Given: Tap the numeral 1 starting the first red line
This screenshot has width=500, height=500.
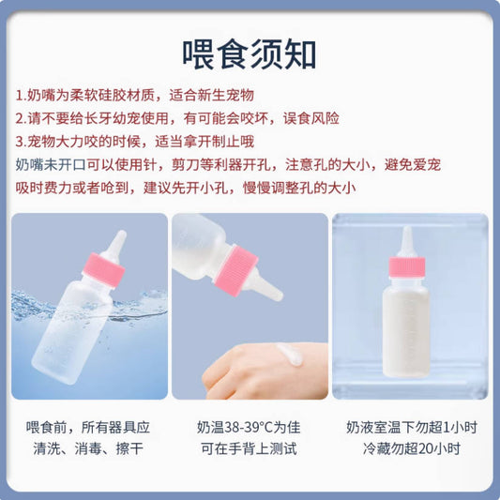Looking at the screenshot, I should click(21, 97).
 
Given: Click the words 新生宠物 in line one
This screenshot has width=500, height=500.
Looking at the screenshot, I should click(224, 97).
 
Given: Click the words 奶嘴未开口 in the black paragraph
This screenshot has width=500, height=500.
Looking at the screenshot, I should click(50, 165).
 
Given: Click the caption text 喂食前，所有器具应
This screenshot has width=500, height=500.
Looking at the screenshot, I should click(87, 427).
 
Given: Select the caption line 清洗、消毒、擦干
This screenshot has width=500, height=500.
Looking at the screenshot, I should click(87, 448).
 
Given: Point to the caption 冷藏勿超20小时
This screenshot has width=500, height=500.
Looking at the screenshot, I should click(411, 448).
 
